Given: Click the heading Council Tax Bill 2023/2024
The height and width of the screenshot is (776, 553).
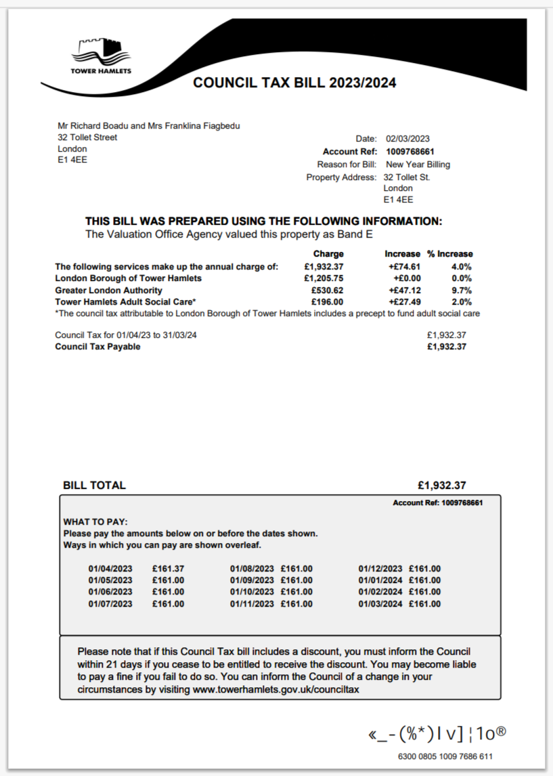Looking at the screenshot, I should tap(294, 83).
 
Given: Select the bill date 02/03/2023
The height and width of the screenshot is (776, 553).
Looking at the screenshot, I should tap(408, 138).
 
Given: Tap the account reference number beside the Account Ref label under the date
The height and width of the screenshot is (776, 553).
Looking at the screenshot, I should tap(410, 152).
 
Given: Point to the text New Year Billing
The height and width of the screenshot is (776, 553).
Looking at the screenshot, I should tap(418, 165).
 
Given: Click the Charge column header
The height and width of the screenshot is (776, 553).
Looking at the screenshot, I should tap(328, 254).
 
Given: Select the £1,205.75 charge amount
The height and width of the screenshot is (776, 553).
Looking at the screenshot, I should tap(324, 278).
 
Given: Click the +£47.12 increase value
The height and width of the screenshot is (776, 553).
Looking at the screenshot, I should tap(405, 290).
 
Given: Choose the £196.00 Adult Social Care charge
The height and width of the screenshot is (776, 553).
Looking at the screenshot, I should tap(328, 302).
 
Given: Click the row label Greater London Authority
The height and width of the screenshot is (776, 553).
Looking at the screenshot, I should tap(108, 290).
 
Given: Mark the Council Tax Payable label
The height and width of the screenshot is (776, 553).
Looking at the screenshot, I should tap(97, 347).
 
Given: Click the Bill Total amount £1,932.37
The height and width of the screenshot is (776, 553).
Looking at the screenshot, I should tap(442, 486).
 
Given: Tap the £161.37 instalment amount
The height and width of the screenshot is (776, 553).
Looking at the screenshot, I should tap(168, 569).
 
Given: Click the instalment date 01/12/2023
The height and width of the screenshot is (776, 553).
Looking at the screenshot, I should tap(380, 569).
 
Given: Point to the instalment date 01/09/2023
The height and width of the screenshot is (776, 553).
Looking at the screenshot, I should tap(252, 580).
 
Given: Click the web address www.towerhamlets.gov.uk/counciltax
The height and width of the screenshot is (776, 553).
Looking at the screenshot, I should tap(275, 689).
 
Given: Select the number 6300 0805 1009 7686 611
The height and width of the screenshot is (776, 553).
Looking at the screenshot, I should tap(445, 756).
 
